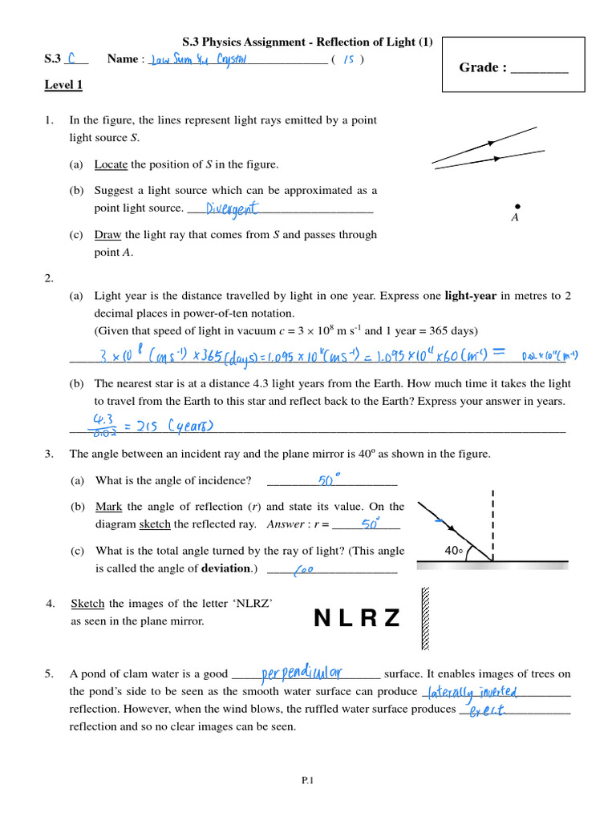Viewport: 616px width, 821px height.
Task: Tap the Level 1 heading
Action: click(x=63, y=85)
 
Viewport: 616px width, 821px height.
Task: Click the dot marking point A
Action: click(x=517, y=206)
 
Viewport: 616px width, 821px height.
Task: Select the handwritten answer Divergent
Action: click(x=233, y=208)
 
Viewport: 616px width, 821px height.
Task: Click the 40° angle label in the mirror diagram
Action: click(x=453, y=551)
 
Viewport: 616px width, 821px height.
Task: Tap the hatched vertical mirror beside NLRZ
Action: click(x=425, y=618)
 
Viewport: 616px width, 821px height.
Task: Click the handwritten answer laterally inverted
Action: click(x=473, y=692)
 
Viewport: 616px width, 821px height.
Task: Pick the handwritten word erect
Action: click(x=487, y=710)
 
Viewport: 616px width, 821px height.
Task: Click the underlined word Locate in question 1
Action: click(x=111, y=164)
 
